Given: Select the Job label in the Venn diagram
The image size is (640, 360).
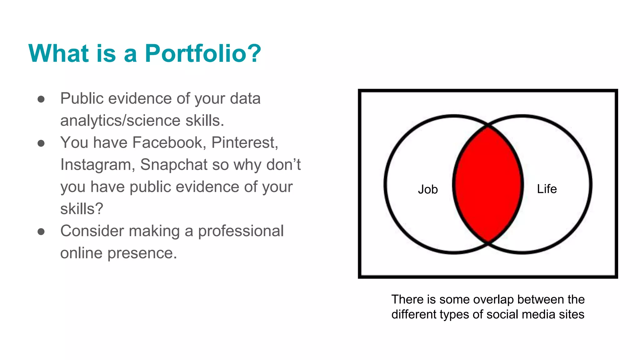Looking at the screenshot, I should (428, 189).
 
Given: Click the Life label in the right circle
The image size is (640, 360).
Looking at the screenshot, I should (547, 189).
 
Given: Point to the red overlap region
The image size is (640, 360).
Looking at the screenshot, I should (488, 184).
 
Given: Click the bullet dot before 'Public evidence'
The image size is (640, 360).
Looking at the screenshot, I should (41, 99).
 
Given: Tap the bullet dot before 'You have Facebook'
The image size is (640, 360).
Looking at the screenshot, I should (41, 143).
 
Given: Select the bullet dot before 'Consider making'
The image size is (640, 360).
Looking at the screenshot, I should (41, 232).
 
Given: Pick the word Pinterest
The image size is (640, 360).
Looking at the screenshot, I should (244, 143).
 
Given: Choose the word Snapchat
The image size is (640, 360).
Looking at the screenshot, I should (173, 165).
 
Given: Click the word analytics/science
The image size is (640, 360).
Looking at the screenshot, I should (120, 121).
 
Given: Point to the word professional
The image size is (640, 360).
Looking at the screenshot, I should (241, 231).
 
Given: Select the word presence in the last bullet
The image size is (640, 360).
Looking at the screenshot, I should (142, 253).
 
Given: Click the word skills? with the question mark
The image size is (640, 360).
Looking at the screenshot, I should (82, 209).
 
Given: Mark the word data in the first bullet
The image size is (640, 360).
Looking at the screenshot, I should (245, 99).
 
